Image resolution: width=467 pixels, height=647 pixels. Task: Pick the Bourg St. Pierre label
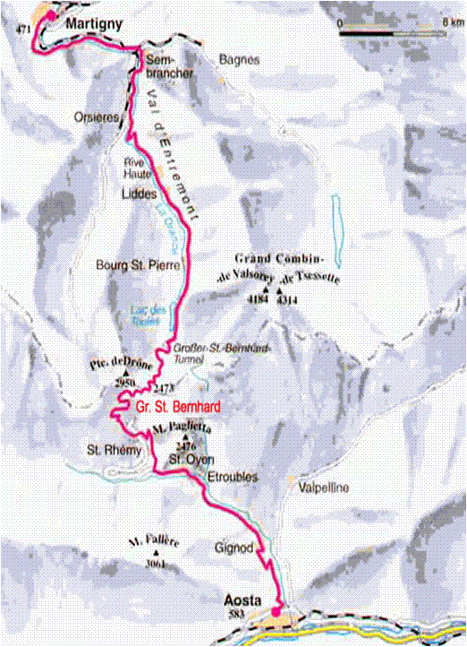(139, 266)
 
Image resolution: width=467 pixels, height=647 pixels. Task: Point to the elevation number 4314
(287, 300)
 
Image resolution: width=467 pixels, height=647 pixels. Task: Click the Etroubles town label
(232, 478)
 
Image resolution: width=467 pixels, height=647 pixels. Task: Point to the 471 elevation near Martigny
(25, 31)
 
